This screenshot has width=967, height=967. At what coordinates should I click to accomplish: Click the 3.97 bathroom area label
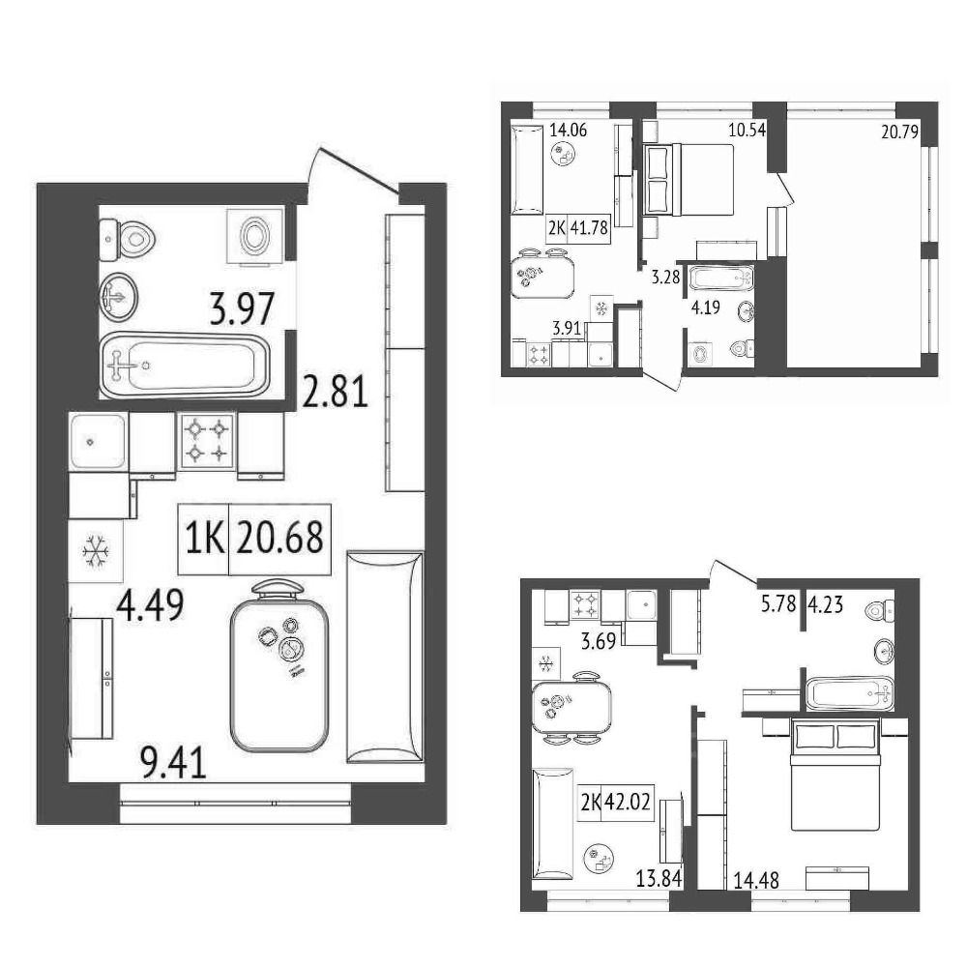pos(242,309)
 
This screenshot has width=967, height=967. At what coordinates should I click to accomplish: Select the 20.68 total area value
pos(280,537)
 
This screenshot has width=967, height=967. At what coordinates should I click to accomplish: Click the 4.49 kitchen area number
pos(151,605)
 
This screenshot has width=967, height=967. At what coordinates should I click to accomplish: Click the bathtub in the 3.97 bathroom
pos(185,366)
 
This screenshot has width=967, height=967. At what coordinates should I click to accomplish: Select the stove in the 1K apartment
pos(207,441)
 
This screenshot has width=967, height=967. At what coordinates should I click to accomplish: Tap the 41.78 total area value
pos(589,228)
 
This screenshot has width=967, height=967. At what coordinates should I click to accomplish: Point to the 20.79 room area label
pos(899,132)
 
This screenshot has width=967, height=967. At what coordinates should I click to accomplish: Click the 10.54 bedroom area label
pos(747,131)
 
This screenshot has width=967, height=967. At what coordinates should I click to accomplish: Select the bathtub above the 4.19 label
pos(721,278)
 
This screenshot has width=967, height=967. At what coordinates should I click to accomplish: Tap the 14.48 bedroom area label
pos(756,879)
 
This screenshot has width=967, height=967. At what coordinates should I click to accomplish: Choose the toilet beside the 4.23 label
pos(880,611)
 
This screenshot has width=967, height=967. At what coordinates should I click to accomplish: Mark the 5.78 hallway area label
pos(778,603)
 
